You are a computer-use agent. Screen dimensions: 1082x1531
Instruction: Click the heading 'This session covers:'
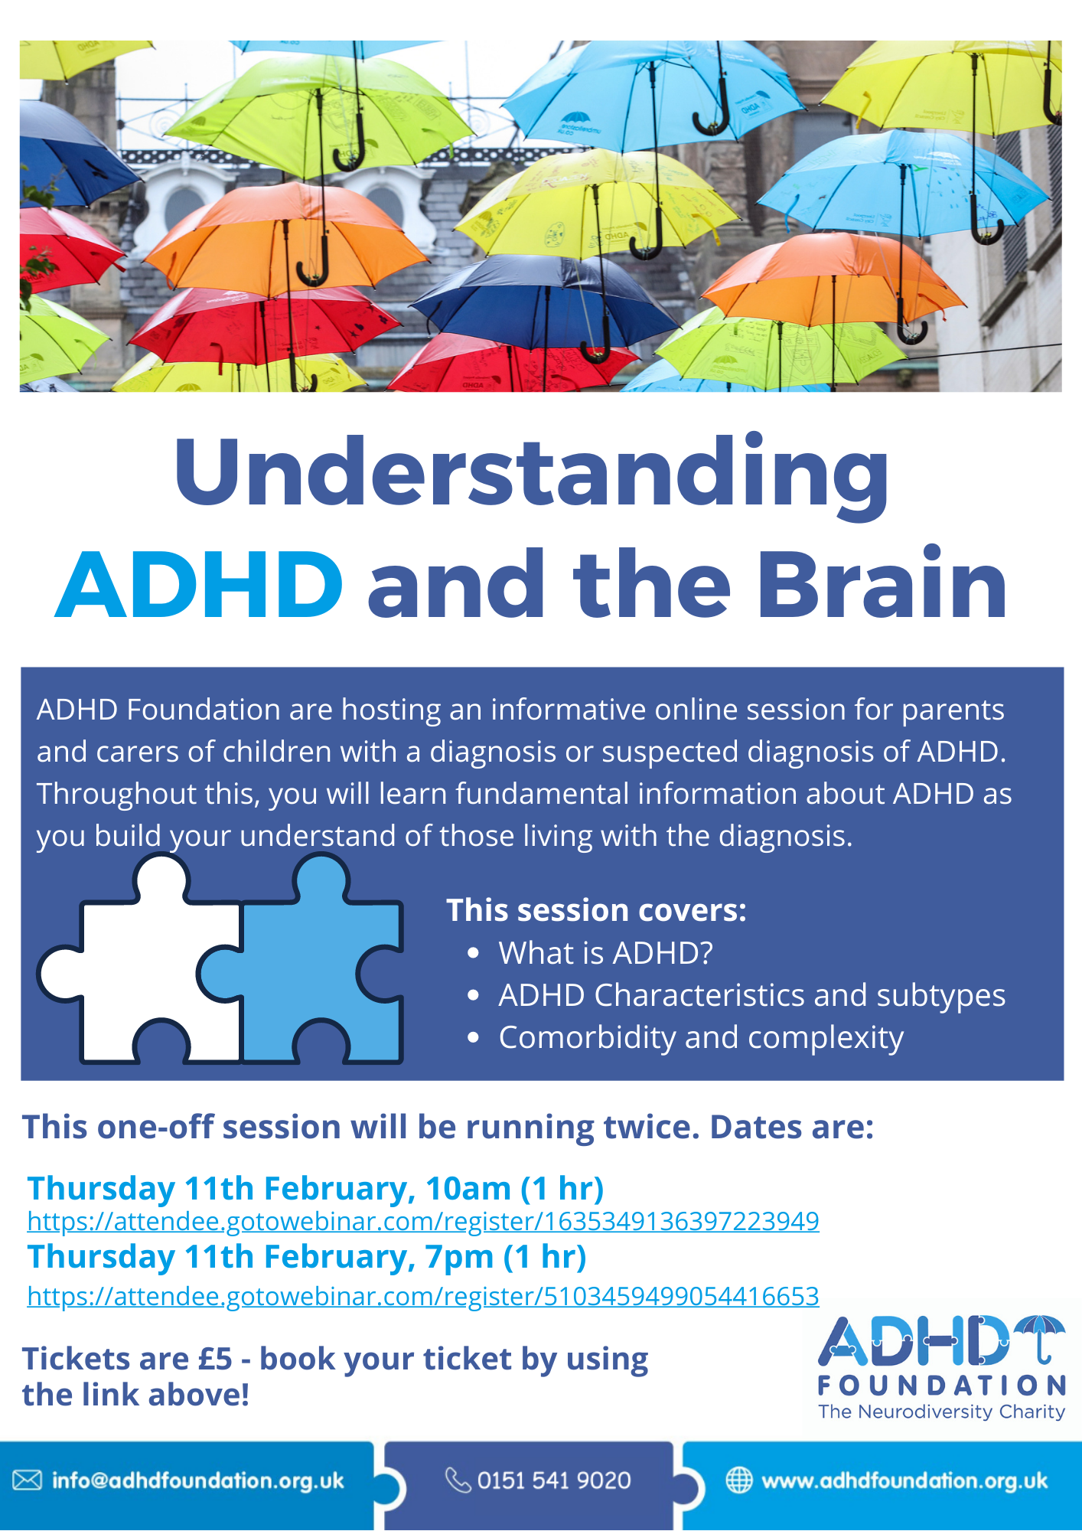596,910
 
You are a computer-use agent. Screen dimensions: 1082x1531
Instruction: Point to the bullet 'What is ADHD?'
605,953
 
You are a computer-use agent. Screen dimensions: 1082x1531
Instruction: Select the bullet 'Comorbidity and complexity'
701,1038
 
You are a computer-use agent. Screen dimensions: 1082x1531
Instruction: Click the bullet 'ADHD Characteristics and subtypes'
751,996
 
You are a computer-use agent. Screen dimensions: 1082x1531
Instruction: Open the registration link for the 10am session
423,1221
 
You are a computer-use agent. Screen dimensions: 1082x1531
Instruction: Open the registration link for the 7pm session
423,1296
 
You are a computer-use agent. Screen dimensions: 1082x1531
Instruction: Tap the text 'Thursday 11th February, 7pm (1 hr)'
307,1258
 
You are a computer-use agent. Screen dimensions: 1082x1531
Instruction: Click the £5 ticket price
215,1359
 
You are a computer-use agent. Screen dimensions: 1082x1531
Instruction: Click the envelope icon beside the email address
27,1480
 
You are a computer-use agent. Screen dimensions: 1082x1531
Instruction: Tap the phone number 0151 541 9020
554,1480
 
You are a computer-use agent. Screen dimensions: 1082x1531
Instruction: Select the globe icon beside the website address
738,1480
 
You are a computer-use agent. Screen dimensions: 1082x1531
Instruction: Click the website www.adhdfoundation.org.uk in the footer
904,1480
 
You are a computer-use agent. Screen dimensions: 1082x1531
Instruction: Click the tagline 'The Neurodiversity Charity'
942,1412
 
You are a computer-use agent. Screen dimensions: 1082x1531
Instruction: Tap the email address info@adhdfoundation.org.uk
198,1480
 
